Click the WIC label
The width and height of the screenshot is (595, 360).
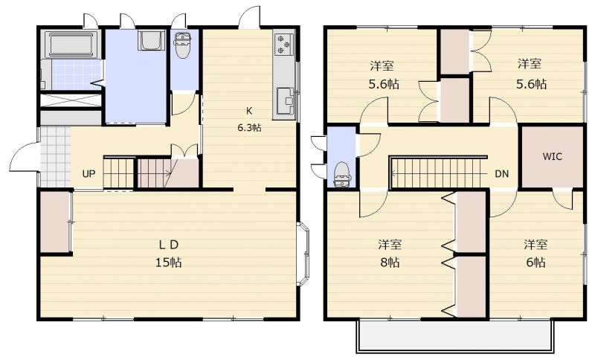pos(552,156)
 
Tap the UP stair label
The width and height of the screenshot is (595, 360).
pos(89,174)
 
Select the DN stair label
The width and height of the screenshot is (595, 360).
pos(501,174)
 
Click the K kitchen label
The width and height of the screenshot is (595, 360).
pos(249,111)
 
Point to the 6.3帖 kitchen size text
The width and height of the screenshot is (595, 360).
pos(249,127)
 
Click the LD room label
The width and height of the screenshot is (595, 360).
pos(169,245)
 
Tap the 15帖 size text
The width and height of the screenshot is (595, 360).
pos(169,262)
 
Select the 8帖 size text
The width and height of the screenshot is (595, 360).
pos(390,262)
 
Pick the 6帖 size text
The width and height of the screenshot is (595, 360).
pos(535,262)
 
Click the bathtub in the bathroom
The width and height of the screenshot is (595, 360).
pos(71,45)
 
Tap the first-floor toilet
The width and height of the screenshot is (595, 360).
pos(183,45)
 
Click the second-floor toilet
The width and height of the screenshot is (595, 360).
pos(342,174)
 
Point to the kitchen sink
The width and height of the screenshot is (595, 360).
pos(285,101)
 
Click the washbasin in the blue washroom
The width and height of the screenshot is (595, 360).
pos(152,40)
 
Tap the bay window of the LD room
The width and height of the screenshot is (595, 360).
pos(304,254)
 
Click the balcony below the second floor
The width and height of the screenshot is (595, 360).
pos(455,336)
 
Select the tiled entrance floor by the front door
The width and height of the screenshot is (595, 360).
pos(55,157)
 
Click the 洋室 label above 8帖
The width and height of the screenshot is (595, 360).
pos(390,245)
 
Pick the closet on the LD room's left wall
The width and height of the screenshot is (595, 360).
pos(56,222)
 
